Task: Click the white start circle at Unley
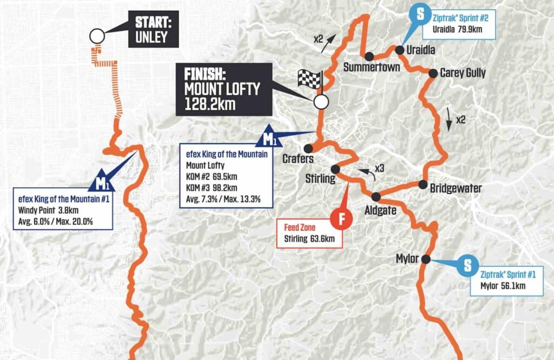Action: pyautogui.click(x=97, y=36)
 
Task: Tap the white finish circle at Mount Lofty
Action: pyautogui.click(x=321, y=101)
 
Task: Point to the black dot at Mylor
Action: pyautogui.click(x=426, y=259)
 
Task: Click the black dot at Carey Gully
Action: pyautogui.click(x=433, y=73)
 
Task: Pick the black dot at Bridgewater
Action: pyautogui.click(x=423, y=184)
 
